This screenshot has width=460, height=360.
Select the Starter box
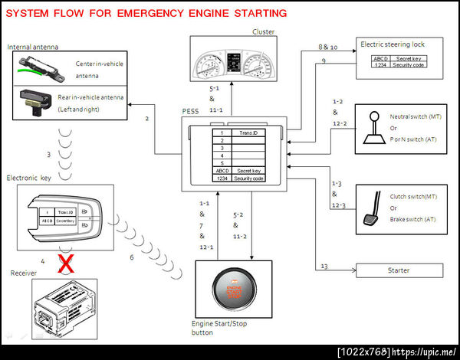coord(399,270)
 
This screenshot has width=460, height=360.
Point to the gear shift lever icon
coord(376,126)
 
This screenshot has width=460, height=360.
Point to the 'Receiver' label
coord(24,273)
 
